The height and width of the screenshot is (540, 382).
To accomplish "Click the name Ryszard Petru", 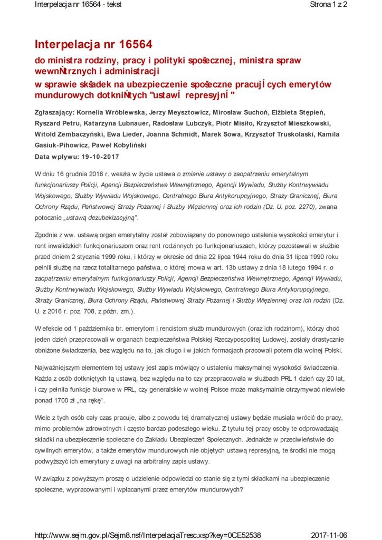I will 55,123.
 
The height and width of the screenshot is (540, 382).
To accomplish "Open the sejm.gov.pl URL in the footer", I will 148,534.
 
